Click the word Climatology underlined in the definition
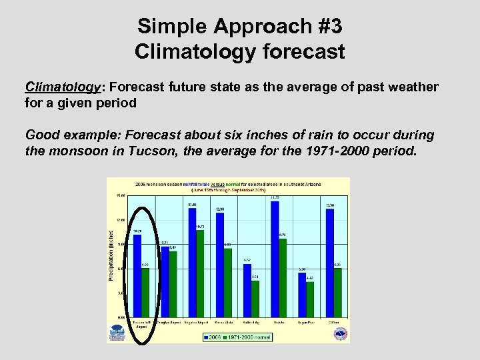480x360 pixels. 62,87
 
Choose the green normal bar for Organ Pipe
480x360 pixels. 309,300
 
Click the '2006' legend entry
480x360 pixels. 211,337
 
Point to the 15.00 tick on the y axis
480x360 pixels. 121,196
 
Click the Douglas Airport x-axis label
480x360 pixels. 169,322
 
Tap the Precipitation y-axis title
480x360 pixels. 111,255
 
